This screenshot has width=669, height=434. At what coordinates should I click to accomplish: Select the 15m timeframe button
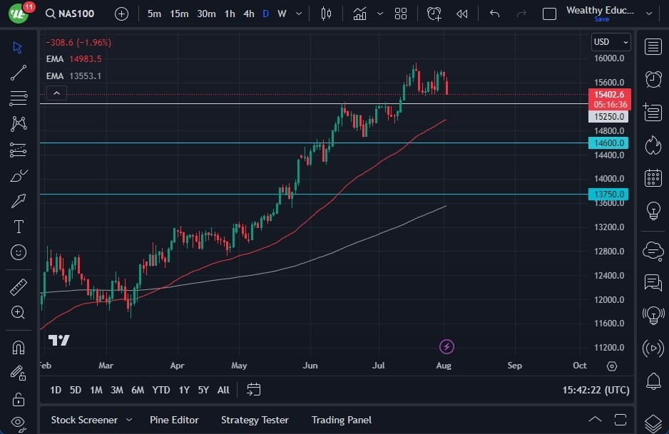179,14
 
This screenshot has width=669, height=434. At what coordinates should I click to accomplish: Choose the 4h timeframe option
248,14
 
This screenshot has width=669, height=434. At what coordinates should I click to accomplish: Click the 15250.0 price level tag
609,117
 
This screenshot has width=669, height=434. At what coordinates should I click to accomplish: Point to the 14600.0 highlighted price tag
609,143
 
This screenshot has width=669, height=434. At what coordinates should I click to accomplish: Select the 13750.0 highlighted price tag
609,194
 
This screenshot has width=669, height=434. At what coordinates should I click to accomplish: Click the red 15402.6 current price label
609,95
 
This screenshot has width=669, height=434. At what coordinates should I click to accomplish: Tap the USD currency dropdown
611,41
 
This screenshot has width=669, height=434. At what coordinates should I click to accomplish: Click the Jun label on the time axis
310,366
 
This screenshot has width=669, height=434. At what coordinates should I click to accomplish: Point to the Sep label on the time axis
514,366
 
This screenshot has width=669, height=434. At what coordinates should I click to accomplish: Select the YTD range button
161,390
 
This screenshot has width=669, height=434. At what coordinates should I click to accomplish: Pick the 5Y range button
203,390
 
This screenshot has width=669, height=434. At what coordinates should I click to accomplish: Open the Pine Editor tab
174,420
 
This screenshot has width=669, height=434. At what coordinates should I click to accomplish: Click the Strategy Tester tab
255,420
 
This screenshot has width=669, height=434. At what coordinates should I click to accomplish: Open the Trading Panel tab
342,420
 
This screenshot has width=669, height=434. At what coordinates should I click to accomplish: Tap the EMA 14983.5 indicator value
85,59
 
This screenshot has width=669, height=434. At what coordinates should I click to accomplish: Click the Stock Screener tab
83,420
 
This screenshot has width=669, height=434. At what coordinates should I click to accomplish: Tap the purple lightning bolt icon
446,347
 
